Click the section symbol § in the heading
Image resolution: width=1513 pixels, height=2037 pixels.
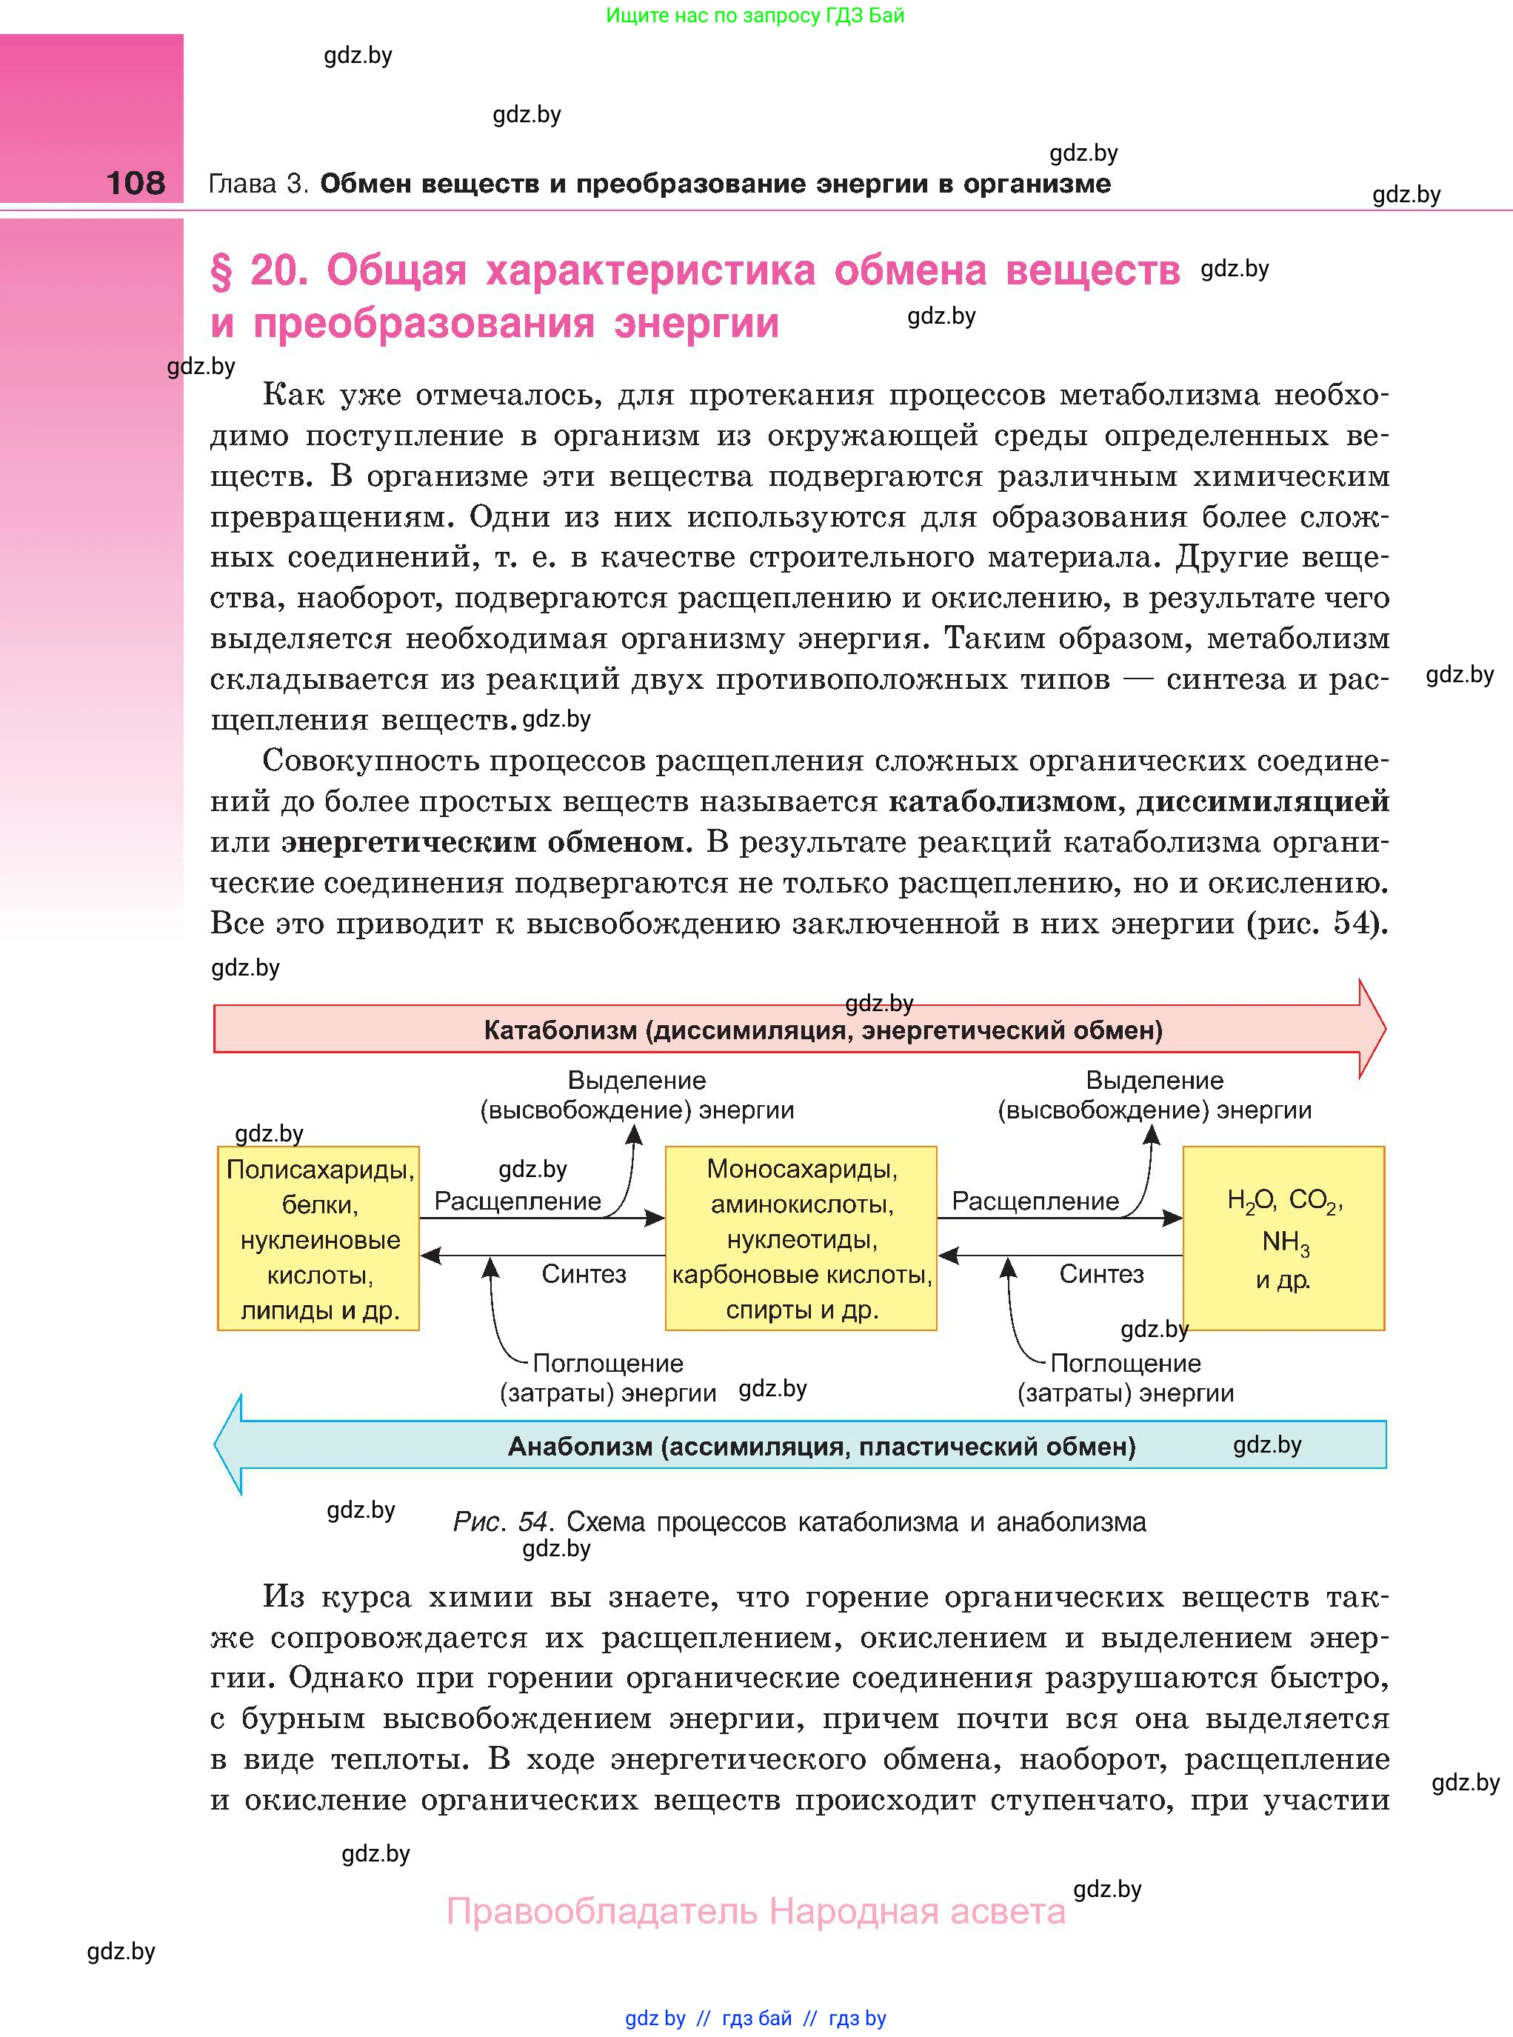click(221, 271)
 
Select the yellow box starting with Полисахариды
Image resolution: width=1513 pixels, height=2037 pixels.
click(318, 1238)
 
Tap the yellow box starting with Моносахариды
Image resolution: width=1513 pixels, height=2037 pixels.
click(801, 1238)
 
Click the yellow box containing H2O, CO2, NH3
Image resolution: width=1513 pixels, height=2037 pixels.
click(1284, 1238)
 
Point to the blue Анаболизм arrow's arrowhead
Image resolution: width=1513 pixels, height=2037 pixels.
click(229, 1444)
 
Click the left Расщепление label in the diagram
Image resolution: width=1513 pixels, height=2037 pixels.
click(518, 1201)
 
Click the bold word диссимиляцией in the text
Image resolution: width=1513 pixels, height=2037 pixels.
click(1263, 801)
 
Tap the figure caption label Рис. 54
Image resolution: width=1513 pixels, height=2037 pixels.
click(501, 1522)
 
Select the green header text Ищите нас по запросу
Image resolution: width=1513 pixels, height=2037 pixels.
click(723, 16)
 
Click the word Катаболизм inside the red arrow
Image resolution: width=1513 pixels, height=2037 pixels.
click(560, 1030)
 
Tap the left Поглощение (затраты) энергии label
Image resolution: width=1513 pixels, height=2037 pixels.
click(608, 1378)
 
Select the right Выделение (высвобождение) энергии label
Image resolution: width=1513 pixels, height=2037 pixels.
click(1154, 1095)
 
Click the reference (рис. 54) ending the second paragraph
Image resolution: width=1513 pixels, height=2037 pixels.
click(1317, 923)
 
